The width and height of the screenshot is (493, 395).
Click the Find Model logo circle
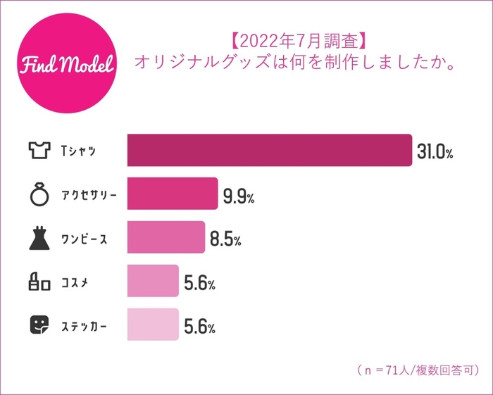click(65, 65)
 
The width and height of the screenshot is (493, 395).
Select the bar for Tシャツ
click(269, 150)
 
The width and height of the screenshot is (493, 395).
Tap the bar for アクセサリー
click(173, 194)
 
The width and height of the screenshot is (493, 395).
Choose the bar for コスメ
click(153, 282)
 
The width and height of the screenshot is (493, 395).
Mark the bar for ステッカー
click(153, 325)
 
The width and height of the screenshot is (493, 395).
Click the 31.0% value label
click(435, 151)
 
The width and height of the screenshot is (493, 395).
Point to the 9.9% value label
click(238, 196)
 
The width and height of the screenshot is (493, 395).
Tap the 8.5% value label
click(225, 239)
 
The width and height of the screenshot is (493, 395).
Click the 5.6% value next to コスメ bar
click(199, 283)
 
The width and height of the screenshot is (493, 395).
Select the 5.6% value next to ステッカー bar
click(199, 327)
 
